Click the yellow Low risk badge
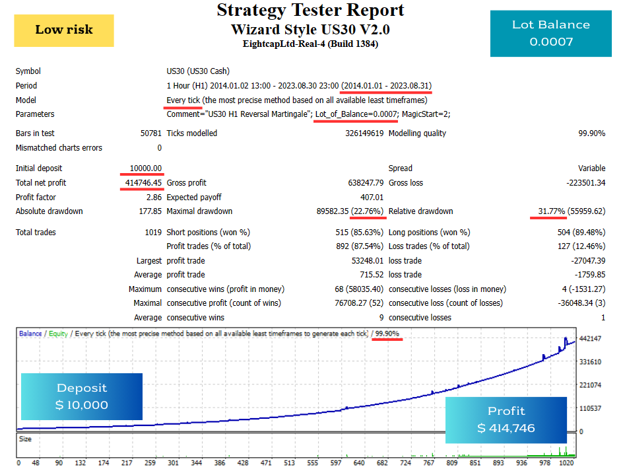click(64, 30)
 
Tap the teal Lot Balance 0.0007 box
click(551, 33)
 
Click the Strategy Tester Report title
click(310, 11)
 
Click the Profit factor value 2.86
click(154, 198)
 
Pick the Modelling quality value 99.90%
click(591, 133)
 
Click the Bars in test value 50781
click(150, 133)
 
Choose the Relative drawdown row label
click(420, 211)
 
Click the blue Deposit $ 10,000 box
click(82, 396)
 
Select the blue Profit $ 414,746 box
click(506, 420)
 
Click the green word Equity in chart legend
click(57, 334)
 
